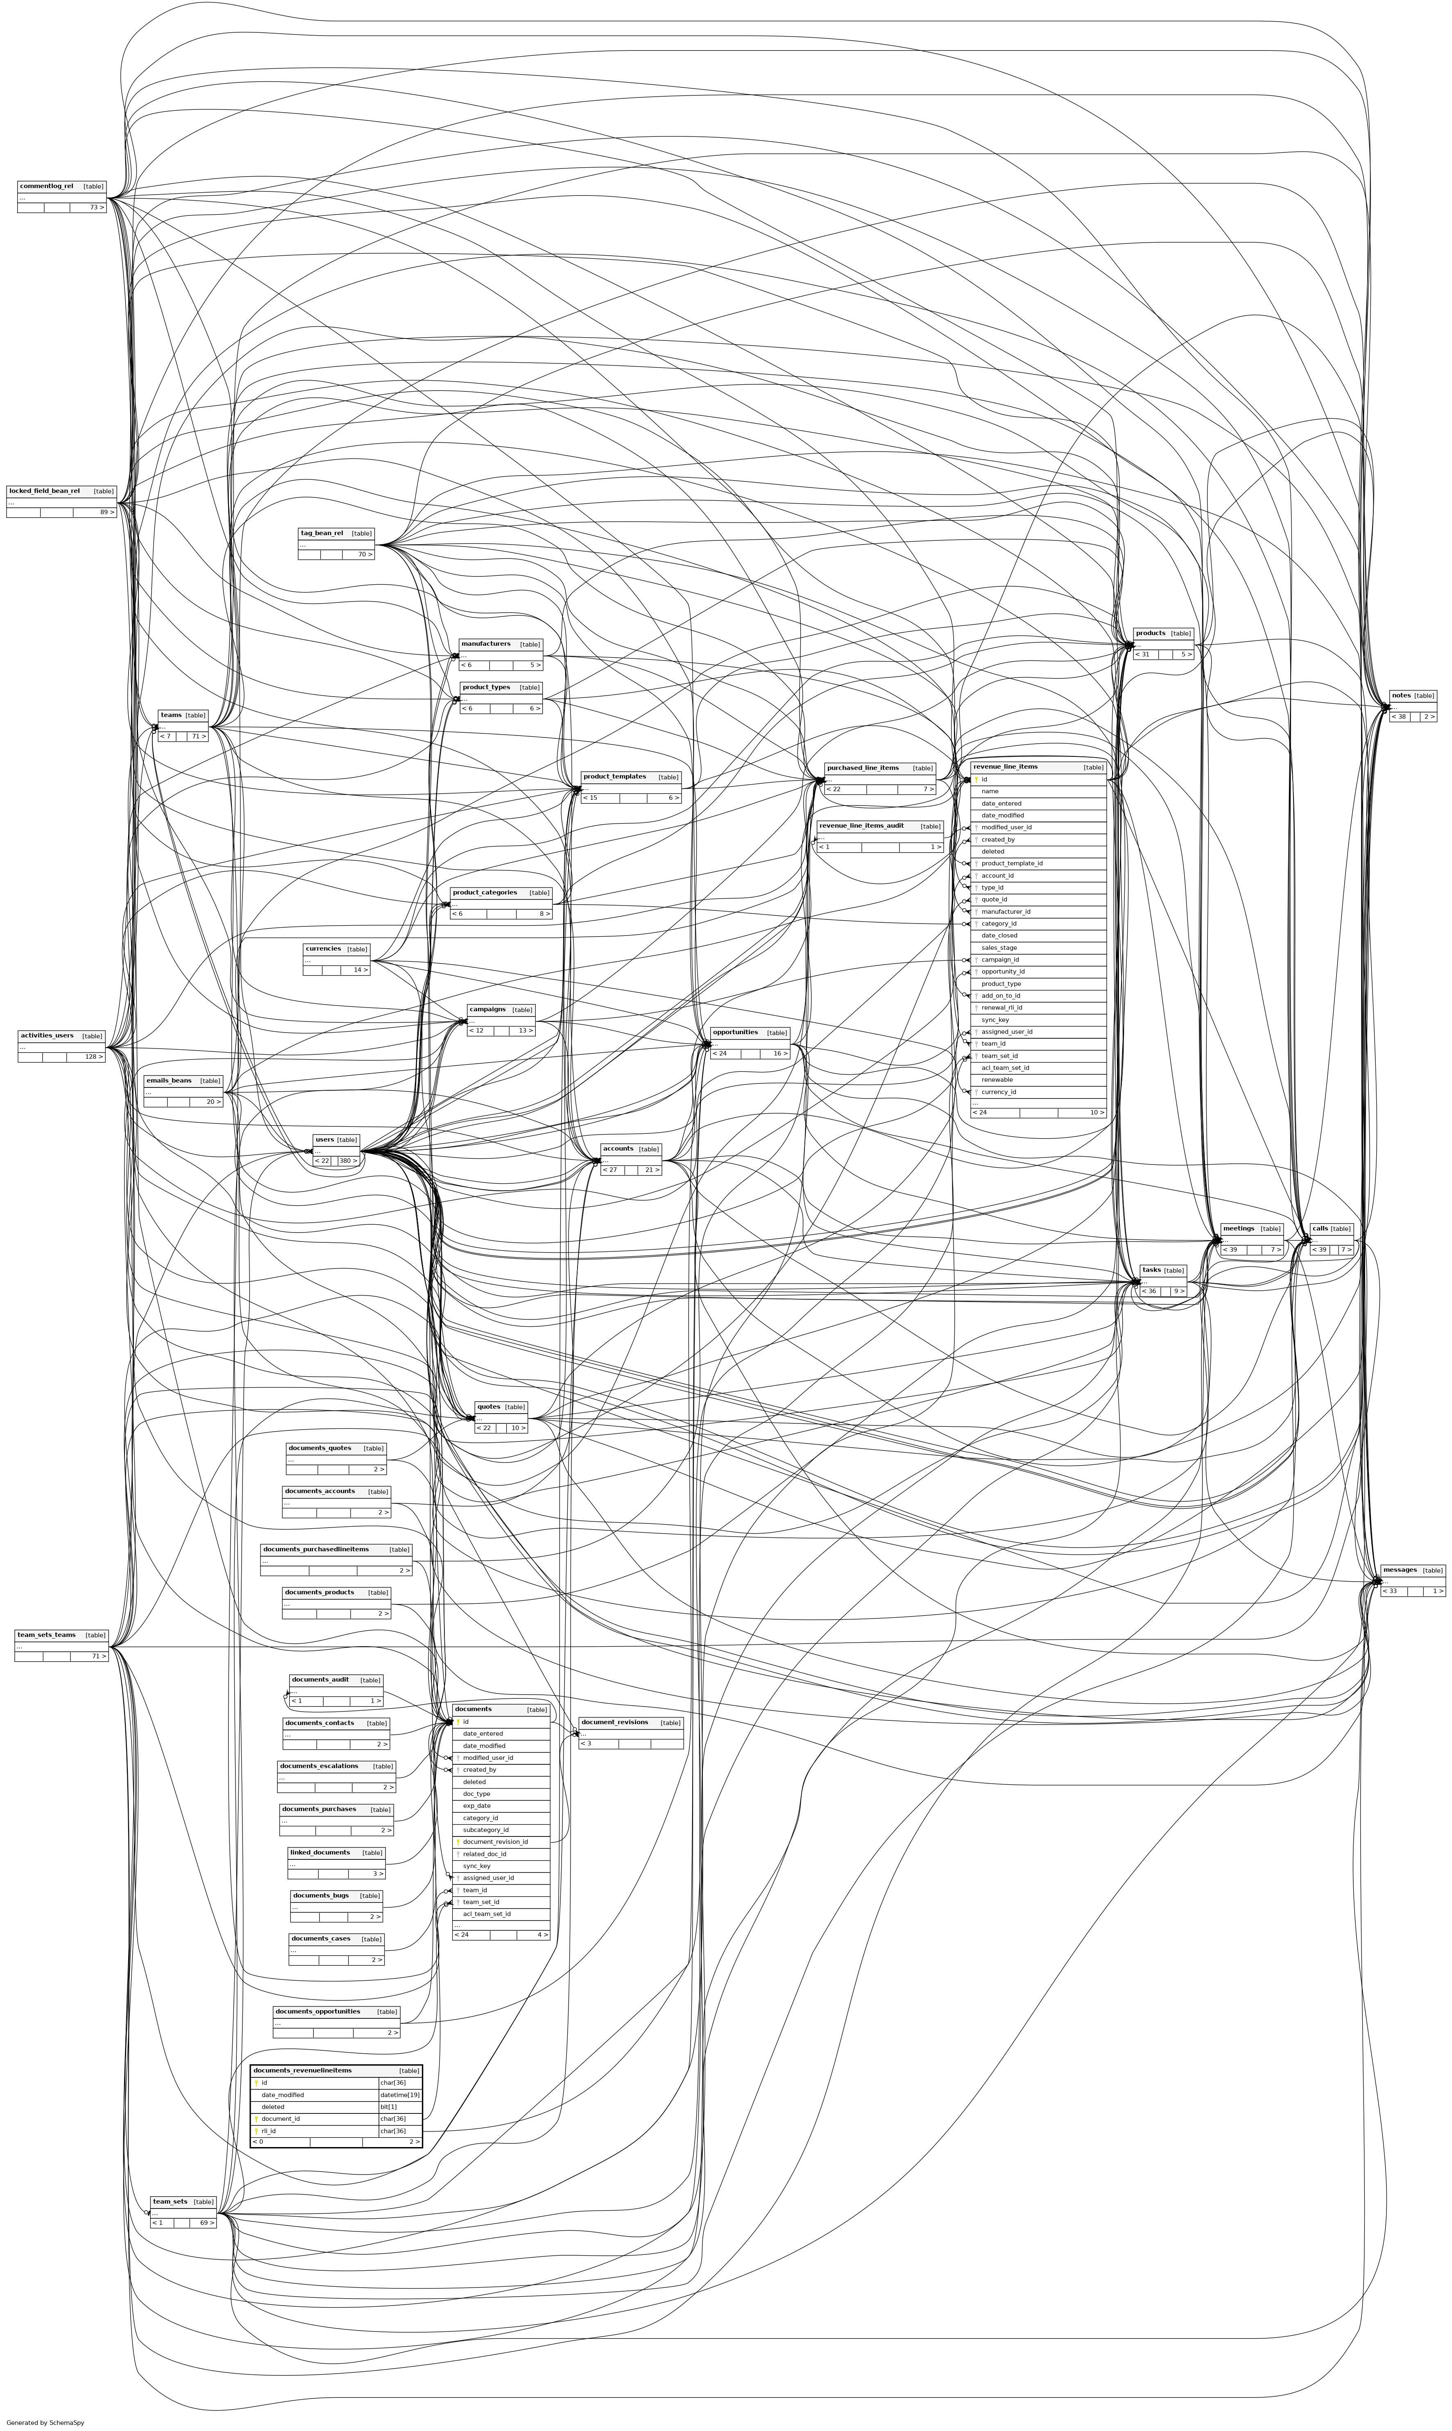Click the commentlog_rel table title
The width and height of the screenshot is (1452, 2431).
46,186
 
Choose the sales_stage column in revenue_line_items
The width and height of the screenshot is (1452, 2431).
999,947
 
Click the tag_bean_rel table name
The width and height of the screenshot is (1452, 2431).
322,533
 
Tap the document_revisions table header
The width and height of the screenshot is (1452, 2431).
614,1723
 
